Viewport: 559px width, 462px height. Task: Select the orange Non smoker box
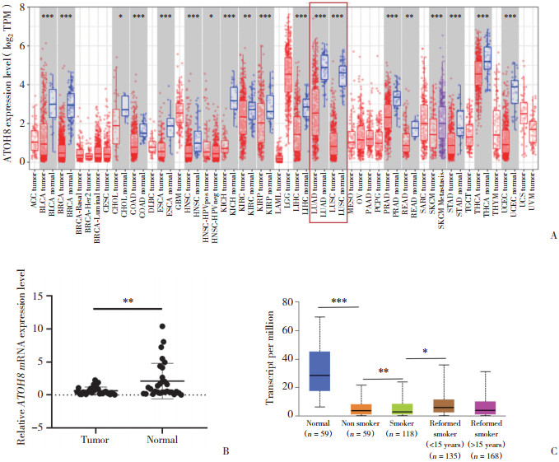359,409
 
